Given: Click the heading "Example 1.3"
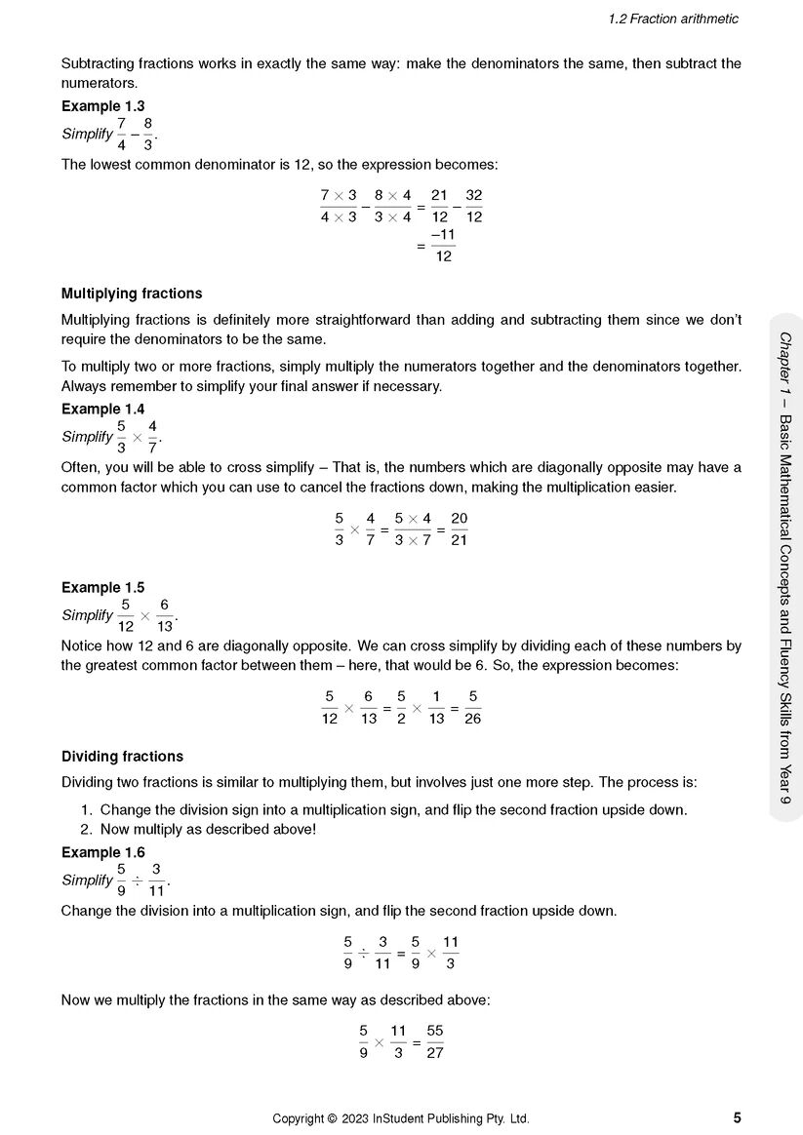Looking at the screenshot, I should point(102,105).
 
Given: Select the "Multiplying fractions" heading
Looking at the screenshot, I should point(132,294).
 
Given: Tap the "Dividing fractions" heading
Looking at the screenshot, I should point(122,756).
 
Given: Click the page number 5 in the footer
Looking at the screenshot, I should point(737,1118).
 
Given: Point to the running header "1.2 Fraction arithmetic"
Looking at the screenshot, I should point(672,19).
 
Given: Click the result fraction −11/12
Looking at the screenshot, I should point(443,246).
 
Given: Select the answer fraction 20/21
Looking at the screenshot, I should point(459,529).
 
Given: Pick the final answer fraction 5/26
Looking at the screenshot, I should point(472,708).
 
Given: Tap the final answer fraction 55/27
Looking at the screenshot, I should point(435,1042).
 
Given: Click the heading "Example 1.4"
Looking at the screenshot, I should point(102,409).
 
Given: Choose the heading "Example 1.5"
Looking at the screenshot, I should point(102,587).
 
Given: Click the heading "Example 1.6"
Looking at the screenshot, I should point(102,852).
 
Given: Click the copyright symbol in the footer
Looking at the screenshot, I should point(332,1118).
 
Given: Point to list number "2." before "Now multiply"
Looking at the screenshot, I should point(87,830).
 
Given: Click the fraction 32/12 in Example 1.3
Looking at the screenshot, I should point(473,206).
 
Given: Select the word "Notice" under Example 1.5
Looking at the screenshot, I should point(82,646).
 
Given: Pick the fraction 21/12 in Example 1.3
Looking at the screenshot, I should point(439,206).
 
